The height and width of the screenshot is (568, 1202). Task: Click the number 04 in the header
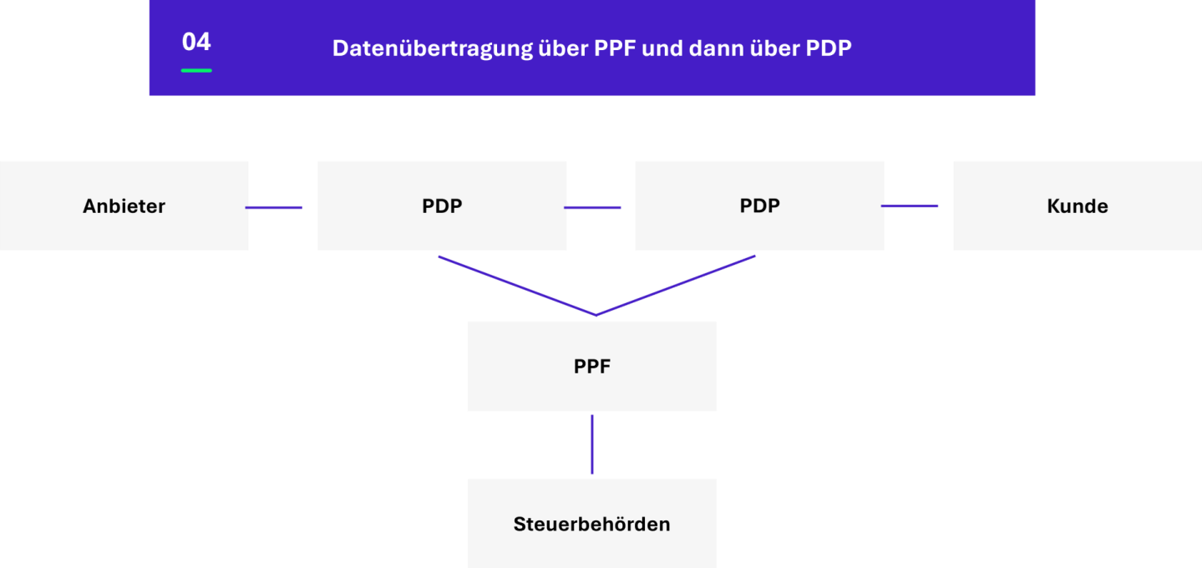click(196, 42)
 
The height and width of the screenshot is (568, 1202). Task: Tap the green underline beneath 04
click(196, 70)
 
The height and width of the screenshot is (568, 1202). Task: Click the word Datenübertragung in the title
click(432, 48)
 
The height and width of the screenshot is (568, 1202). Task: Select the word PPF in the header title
click(615, 48)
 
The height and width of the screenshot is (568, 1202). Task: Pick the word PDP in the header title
click(829, 48)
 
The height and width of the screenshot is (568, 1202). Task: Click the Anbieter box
click(124, 206)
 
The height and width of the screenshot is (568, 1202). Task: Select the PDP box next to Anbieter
click(442, 206)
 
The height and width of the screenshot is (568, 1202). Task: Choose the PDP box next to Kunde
click(760, 206)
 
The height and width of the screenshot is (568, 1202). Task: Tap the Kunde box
click(1078, 206)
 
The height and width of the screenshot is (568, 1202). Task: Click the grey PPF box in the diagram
click(592, 367)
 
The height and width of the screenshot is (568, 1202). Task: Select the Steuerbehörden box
click(592, 524)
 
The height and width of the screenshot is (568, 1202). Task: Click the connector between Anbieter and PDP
click(274, 207)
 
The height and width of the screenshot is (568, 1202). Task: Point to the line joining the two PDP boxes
click(592, 207)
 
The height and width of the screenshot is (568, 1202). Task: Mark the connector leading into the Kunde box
click(910, 206)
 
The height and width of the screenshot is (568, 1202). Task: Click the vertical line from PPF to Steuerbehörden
click(592, 444)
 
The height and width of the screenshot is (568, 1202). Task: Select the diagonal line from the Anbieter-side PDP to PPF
click(517, 286)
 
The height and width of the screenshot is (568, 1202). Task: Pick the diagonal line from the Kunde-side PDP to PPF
click(676, 286)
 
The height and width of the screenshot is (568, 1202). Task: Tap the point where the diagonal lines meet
click(596, 315)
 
